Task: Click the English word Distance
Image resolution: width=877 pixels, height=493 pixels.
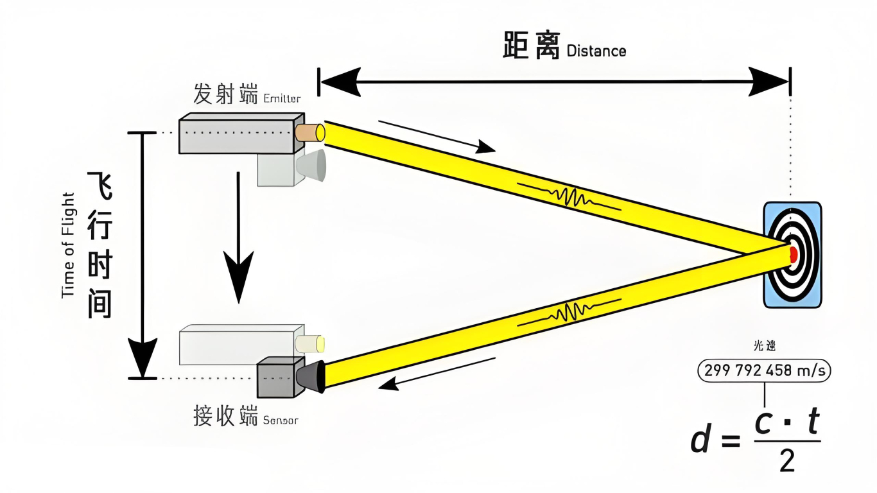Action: pos(596,51)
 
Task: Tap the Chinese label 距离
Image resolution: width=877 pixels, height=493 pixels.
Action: pos(531,46)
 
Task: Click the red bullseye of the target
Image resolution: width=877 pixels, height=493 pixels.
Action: pos(794,254)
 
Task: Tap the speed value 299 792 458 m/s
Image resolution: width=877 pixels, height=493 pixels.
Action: pos(764,370)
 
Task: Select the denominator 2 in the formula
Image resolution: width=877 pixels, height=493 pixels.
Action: pos(787,461)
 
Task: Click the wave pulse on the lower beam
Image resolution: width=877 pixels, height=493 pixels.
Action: pos(568,313)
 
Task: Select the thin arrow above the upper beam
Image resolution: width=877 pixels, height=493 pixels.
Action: pos(437,136)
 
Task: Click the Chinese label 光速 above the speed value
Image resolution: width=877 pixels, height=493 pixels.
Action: pos(764,347)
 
